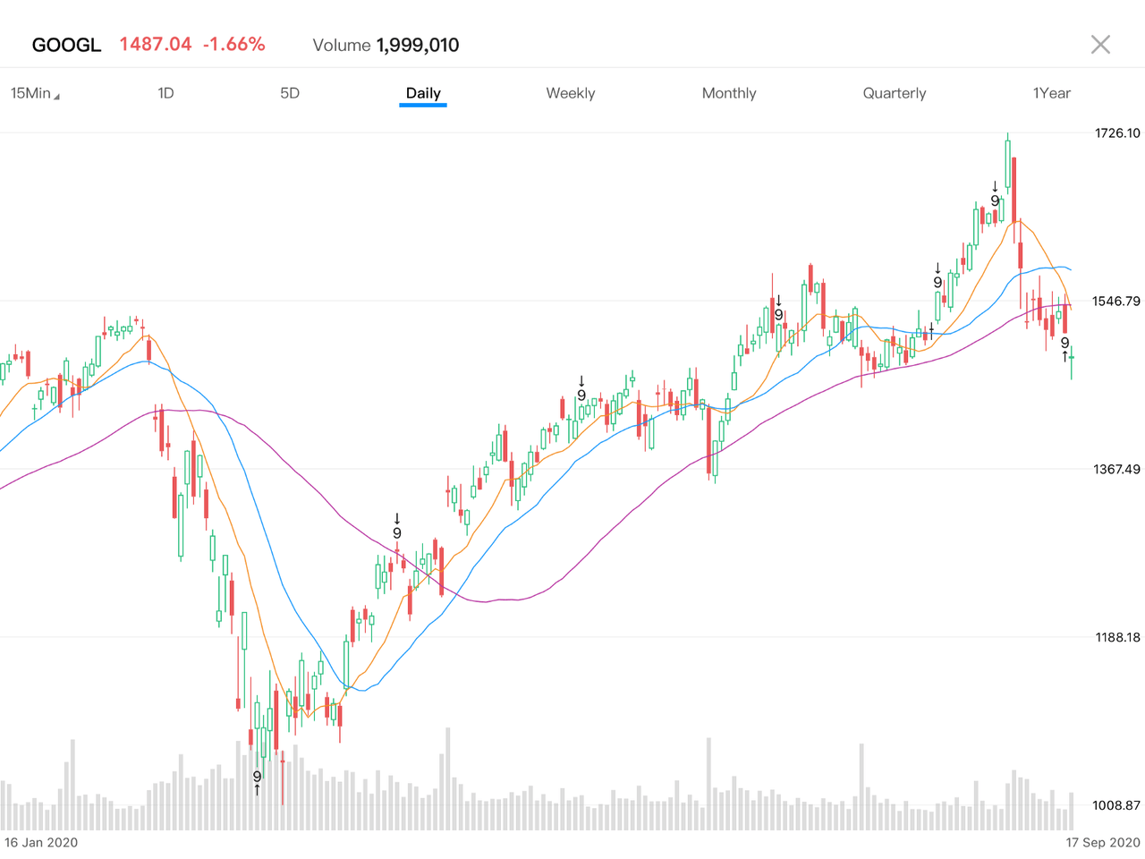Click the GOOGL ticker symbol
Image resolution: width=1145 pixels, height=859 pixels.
pyautogui.click(x=66, y=45)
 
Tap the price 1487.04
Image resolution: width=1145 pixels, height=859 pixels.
pyautogui.click(x=156, y=45)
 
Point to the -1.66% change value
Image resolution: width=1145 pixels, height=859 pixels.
pyautogui.click(x=233, y=45)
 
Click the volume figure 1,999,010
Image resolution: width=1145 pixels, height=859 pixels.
pyautogui.click(x=418, y=46)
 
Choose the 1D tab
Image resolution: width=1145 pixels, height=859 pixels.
pyautogui.click(x=165, y=93)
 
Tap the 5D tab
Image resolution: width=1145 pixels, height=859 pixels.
pyautogui.click(x=290, y=93)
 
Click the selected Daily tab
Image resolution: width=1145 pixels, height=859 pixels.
pyautogui.click(x=423, y=93)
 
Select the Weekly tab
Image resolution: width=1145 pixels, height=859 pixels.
pyautogui.click(x=571, y=93)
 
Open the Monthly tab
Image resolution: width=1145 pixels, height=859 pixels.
pyautogui.click(x=729, y=93)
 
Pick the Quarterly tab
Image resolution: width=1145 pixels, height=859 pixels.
pyautogui.click(x=895, y=93)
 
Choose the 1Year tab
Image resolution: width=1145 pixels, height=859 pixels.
pyautogui.click(x=1052, y=93)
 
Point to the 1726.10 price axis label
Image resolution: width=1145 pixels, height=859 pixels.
pyautogui.click(x=1117, y=133)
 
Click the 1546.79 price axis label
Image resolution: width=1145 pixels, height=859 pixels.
pyautogui.click(x=1117, y=302)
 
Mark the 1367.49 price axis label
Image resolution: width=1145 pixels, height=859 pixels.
pyautogui.click(x=1117, y=470)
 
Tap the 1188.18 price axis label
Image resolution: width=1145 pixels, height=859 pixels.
pyautogui.click(x=1117, y=638)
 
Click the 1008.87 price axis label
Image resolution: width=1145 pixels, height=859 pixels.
pyautogui.click(x=1117, y=806)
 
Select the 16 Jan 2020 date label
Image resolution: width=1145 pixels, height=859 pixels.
pyautogui.click(x=41, y=843)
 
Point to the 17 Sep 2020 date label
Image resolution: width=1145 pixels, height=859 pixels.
pyautogui.click(x=1103, y=843)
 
